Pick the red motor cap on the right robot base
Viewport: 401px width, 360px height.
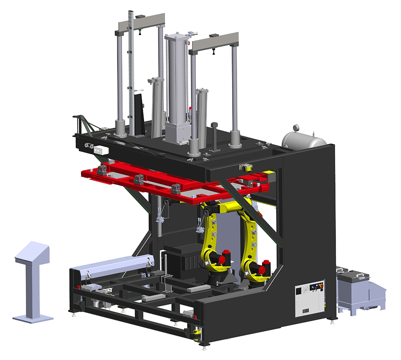(x=265, y=265)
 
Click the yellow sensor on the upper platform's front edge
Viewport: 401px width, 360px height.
(x=246, y=168)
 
